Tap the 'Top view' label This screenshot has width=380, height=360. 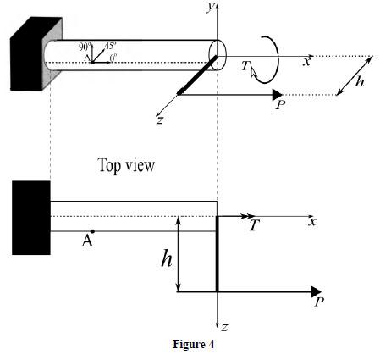coord(127,165)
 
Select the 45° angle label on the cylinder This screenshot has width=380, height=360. coord(110,45)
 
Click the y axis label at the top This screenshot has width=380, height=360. coord(209,6)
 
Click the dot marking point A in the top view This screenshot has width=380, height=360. coord(92,230)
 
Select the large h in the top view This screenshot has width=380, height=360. coord(168,258)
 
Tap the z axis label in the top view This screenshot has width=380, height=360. coord(225,326)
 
